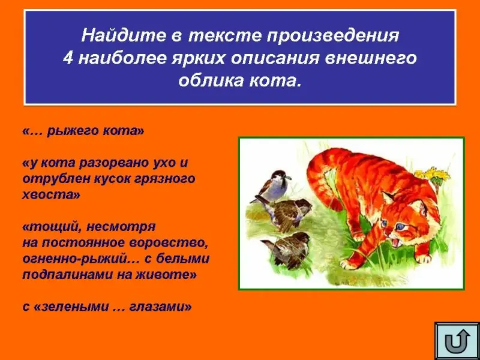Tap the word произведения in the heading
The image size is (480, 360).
(x=333, y=37)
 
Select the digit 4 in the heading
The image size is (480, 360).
(x=68, y=58)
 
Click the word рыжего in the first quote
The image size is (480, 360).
(x=72, y=131)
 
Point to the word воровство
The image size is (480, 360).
(x=169, y=243)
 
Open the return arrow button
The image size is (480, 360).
(x=457, y=341)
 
